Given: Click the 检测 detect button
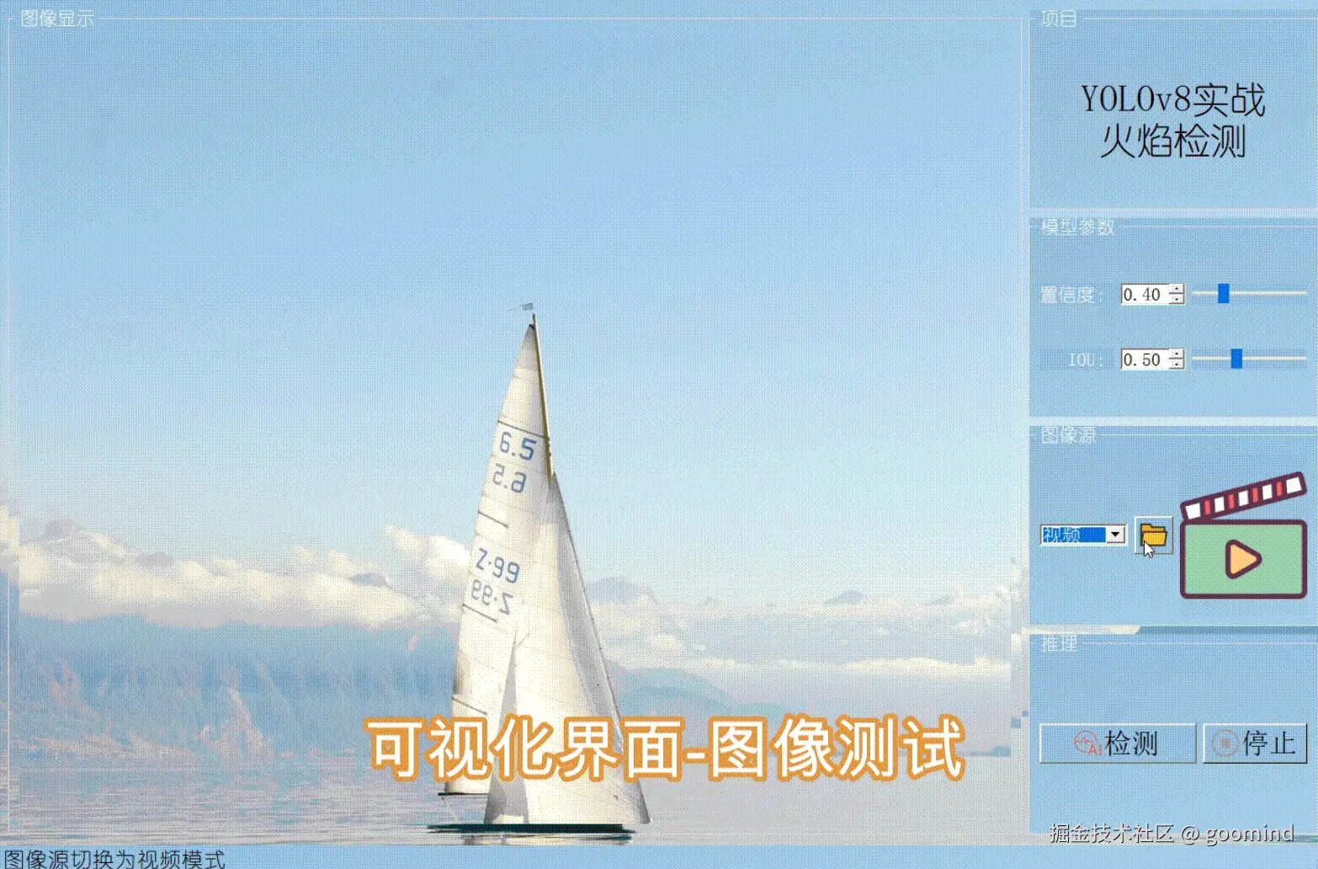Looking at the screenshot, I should click(1117, 744).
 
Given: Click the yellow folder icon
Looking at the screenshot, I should click(1153, 535).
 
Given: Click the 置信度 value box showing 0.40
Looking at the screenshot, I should click(1143, 295).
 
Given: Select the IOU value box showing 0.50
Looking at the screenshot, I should click(1143, 360).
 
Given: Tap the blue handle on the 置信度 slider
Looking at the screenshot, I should click(1224, 293).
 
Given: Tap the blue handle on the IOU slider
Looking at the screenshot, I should click(1236, 359).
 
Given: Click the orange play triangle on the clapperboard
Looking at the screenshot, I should click(1242, 558).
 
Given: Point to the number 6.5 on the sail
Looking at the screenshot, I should click(517, 445).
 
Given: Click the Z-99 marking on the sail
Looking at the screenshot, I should click(497, 562).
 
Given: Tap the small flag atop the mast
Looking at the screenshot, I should click(526, 307).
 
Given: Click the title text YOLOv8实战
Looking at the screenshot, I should click(1172, 100).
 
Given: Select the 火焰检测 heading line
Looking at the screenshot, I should click(1172, 141).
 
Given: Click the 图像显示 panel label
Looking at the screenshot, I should click(57, 19).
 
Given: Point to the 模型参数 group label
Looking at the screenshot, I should click(1077, 227).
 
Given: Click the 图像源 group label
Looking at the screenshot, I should click(1068, 434).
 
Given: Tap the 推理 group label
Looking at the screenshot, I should click(1059, 643).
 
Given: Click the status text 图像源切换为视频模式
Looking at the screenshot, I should click(114, 859).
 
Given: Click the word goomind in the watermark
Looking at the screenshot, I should click(1249, 834).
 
